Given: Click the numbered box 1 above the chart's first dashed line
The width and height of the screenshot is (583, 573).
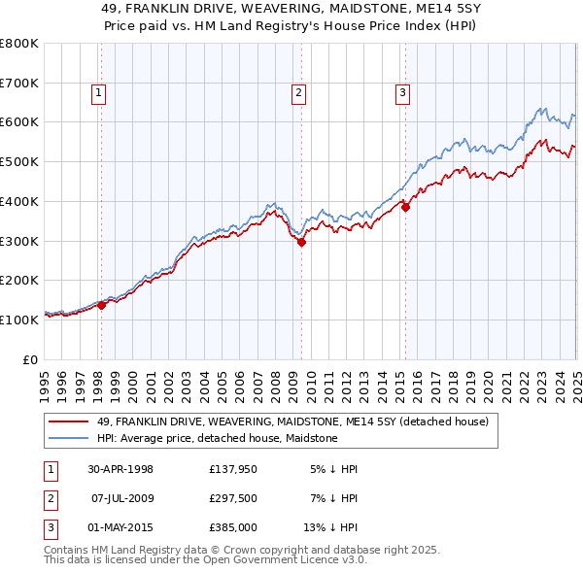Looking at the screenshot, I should (x=100, y=93).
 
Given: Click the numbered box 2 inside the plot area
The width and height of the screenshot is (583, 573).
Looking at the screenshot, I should (x=298, y=93).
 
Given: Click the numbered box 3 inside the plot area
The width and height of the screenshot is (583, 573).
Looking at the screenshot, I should (x=402, y=93).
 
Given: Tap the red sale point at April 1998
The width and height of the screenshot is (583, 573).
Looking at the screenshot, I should (x=101, y=305).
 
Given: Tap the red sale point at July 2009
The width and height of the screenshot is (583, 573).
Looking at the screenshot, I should (x=301, y=243).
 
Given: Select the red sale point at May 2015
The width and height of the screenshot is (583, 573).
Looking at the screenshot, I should (x=405, y=206).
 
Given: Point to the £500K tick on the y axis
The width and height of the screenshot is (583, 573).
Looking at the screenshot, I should (x=19, y=161).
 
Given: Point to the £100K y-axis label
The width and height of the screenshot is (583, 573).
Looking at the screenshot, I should (x=19, y=320).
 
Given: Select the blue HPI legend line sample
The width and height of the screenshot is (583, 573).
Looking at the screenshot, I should (x=67, y=438).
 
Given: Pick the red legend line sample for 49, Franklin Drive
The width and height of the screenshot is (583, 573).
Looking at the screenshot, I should (x=67, y=421).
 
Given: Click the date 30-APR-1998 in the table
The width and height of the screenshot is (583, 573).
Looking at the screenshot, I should (x=120, y=469).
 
